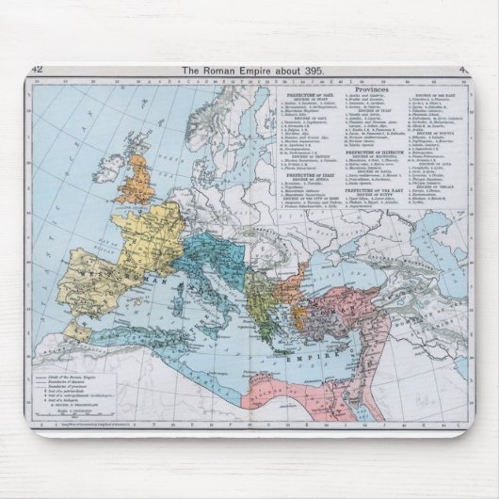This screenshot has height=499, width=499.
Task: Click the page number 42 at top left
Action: (x=37, y=70)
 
